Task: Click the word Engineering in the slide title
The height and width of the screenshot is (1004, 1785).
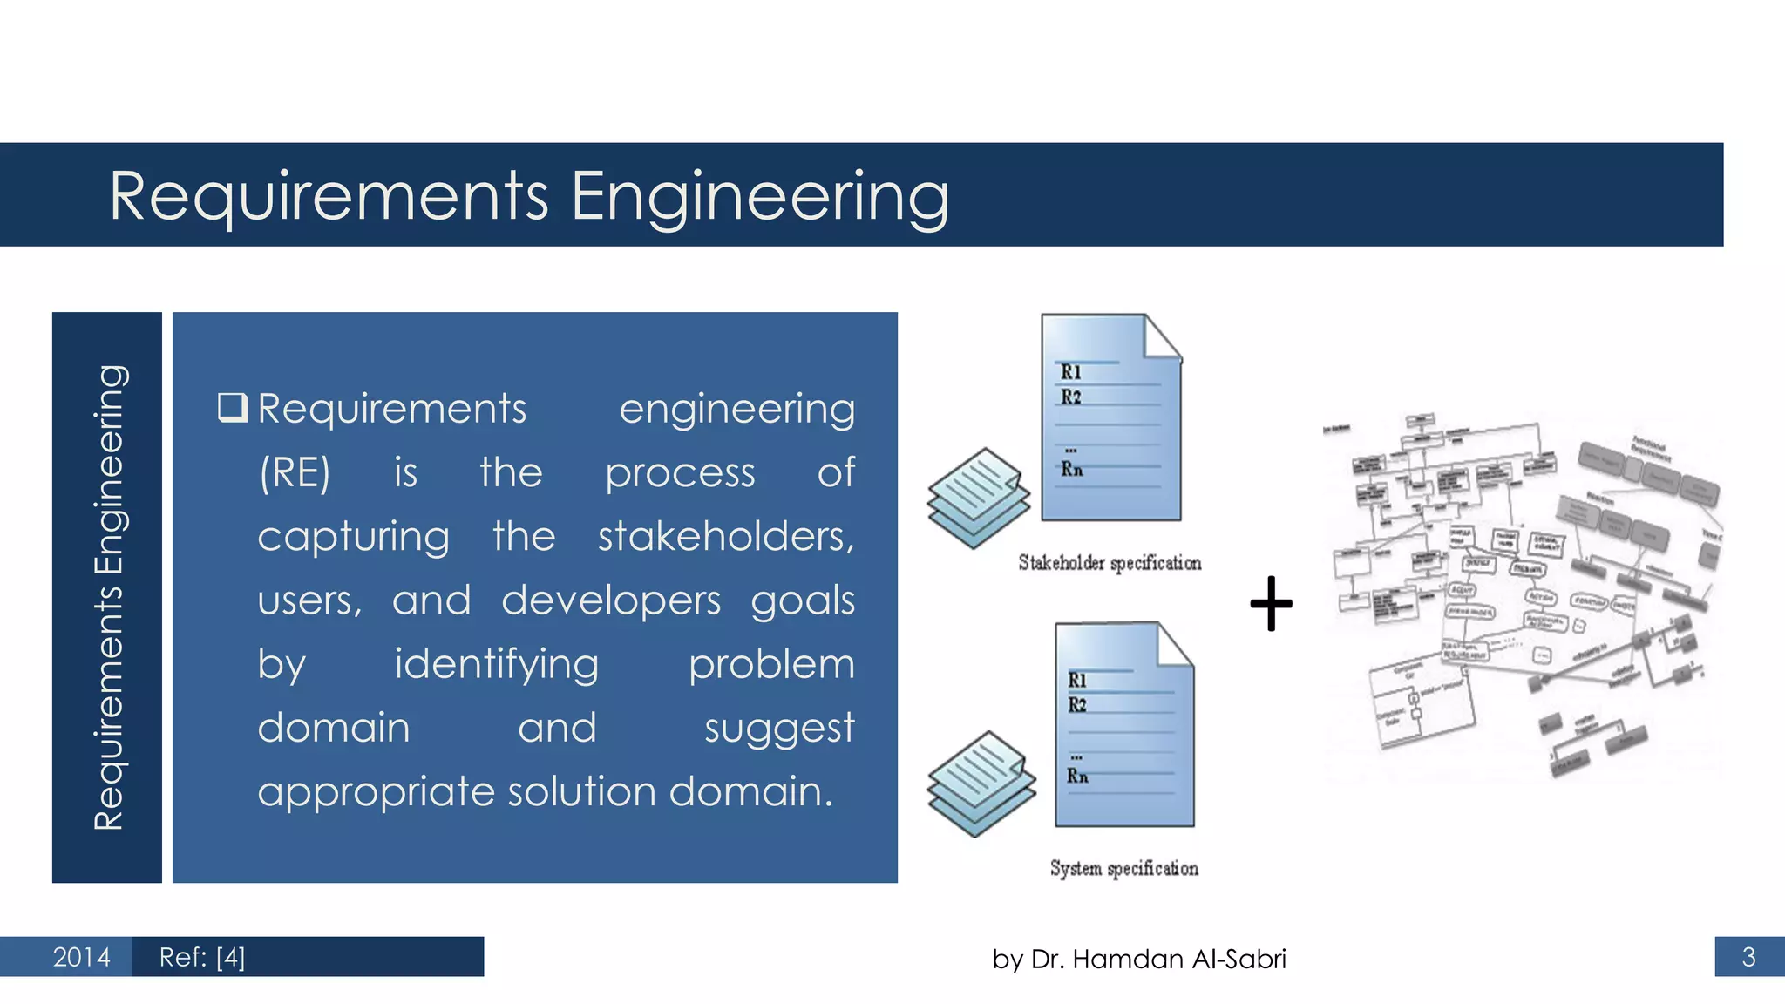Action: (759, 198)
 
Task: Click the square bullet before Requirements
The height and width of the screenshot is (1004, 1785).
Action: (233, 407)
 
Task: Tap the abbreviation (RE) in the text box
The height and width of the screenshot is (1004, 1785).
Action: (295, 473)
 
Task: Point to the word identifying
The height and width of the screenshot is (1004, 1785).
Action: (497, 664)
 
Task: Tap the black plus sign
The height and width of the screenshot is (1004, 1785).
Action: (1271, 603)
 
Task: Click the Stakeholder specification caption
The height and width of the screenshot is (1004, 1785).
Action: (1110, 563)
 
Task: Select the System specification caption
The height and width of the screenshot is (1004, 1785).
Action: (1123, 868)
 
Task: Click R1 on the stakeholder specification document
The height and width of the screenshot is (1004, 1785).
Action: (1071, 372)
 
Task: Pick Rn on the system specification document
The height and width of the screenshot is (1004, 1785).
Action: (1077, 776)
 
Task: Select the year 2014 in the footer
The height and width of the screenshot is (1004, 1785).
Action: (81, 957)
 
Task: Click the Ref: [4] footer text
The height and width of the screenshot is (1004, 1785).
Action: (202, 957)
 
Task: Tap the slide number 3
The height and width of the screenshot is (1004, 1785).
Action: (1748, 957)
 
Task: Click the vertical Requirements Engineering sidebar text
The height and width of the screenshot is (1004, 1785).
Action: (108, 597)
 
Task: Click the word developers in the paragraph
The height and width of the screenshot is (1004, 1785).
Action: (610, 600)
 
